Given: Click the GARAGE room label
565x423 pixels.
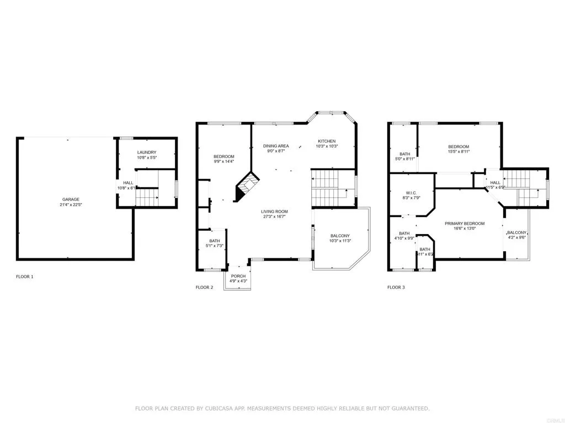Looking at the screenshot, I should [x=70, y=199].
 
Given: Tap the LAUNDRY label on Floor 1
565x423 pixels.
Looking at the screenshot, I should [x=146, y=152].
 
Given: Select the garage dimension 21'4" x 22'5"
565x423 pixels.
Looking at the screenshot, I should [x=70, y=205].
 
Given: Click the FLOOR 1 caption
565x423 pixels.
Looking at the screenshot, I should [x=24, y=276].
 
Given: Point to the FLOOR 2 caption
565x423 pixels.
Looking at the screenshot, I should [x=204, y=287].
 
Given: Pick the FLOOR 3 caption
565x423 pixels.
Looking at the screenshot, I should [x=396, y=287].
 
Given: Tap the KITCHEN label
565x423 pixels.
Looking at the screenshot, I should [x=326, y=141].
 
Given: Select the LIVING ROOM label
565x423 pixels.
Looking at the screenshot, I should [x=274, y=211].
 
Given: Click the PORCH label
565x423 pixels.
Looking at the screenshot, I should [x=238, y=276].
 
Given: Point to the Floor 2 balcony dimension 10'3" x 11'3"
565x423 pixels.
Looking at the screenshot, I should [x=340, y=241].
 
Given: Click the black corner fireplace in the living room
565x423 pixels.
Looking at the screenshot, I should [x=246, y=187].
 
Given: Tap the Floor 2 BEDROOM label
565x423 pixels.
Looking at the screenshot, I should [x=224, y=156].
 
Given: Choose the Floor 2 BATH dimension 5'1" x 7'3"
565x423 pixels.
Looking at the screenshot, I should [x=215, y=246].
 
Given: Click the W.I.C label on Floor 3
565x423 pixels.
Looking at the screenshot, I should [x=410, y=192].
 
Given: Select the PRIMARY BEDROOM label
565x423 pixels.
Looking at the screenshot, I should [x=465, y=223].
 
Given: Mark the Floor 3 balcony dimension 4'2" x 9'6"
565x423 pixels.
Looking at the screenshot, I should [x=517, y=238].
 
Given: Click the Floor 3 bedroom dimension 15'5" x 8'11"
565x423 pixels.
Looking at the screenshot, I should [x=459, y=151].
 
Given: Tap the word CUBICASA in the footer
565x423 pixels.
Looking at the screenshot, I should [x=220, y=408].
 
